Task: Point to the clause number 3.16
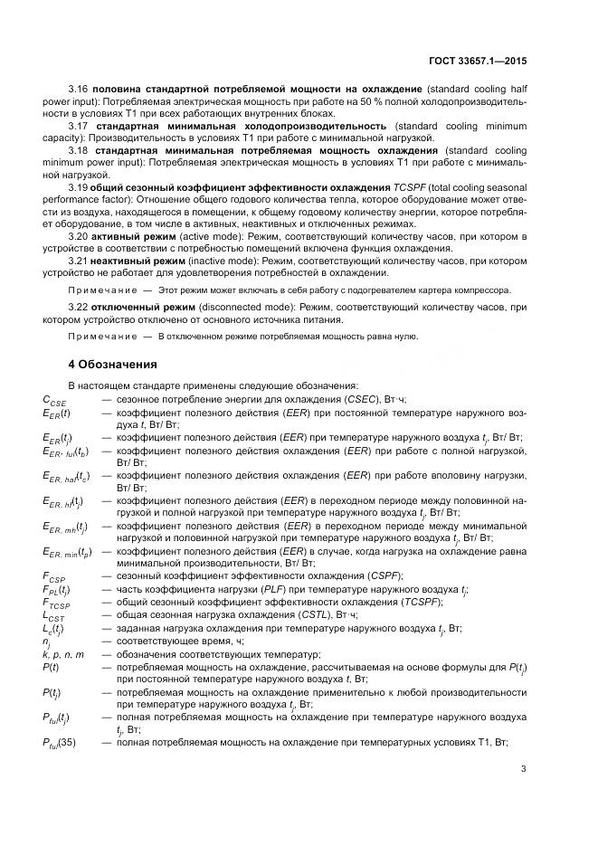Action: [80, 91]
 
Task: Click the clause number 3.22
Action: [80, 309]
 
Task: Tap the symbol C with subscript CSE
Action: [54, 399]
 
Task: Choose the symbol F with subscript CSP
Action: [54, 575]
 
